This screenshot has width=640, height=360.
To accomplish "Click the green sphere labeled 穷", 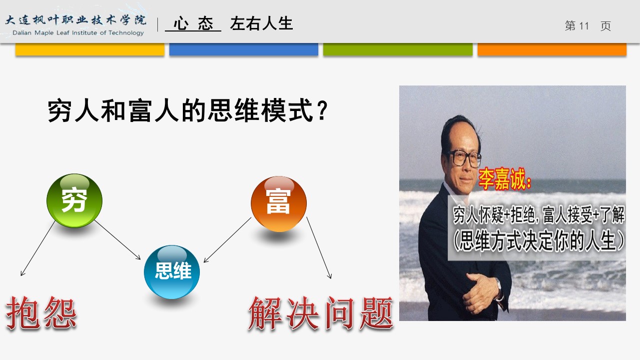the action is (x=74, y=200).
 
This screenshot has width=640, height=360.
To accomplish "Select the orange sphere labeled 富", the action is (x=279, y=203).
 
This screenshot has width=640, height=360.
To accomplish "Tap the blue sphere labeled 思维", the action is (x=172, y=271).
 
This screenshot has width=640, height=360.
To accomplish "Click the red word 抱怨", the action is (x=41, y=313).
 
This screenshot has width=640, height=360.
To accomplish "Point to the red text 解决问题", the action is (x=321, y=313).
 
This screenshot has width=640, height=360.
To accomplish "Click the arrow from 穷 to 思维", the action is (x=117, y=239).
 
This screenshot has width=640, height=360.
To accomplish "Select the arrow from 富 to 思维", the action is (x=227, y=240).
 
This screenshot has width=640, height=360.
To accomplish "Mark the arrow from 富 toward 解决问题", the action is (x=319, y=247).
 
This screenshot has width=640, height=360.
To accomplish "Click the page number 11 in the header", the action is (x=584, y=26).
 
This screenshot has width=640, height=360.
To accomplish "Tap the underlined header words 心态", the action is (x=193, y=23).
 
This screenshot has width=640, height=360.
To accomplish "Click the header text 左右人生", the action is (x=261, y=23).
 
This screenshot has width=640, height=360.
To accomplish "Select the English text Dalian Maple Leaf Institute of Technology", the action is (x=78, y=33).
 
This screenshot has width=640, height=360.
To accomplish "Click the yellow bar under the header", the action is (x=90, y=49).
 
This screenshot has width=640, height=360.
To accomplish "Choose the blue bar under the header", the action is (x=244, y=49).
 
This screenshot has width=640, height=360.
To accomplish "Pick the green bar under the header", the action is (x=398, y=49).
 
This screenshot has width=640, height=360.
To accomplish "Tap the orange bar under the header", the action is (x=552, y=49).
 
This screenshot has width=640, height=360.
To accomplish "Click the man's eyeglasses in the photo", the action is (x=465, y=158).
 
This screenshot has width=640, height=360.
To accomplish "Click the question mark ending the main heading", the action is (x=322, y=110).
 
